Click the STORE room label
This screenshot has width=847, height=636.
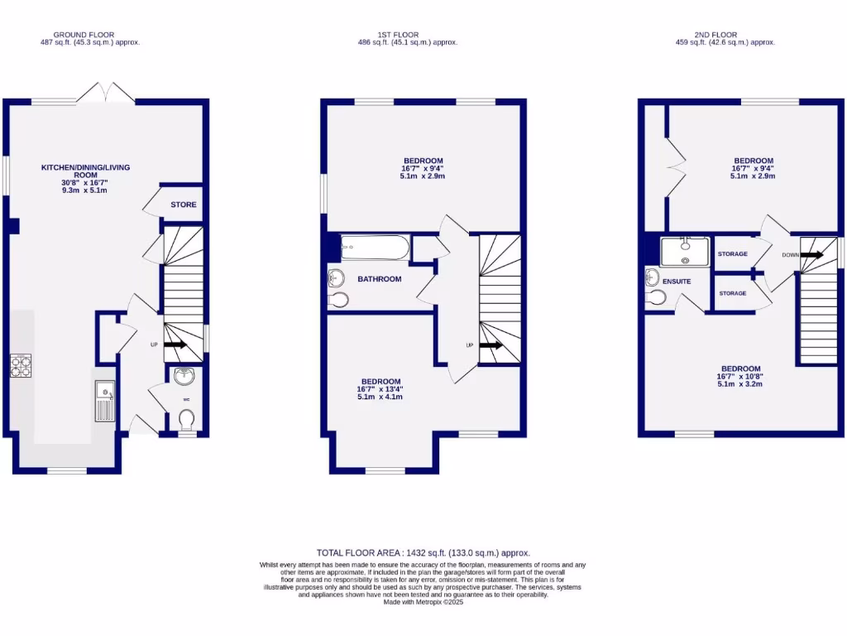click(184, 205)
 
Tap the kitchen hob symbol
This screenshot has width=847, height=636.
click(21, 365)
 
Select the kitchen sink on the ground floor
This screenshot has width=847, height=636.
click(104, 401)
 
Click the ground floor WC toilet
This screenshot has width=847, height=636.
click(187, 422)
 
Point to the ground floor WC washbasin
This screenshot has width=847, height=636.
click(184, 378)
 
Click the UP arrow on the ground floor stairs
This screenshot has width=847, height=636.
click(175, 344)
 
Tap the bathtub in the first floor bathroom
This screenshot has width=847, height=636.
click(375, 247)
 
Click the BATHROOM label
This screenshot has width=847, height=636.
click(379, 279)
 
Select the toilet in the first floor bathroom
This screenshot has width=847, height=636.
click(337, 299)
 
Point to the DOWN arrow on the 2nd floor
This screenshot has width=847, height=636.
click(811, 255)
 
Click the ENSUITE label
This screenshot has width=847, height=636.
click(676, 282)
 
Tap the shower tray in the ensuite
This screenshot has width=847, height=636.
click(686, 252)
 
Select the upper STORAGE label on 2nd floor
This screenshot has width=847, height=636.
click(732, 254)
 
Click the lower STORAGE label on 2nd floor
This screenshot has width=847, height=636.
click(732, 293)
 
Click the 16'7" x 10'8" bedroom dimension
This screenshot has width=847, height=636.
click(740, 376)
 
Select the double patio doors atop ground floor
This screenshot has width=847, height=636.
click(106, 93)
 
